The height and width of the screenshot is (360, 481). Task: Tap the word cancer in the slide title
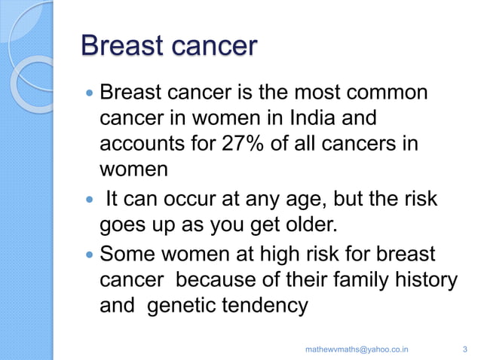point(209,46)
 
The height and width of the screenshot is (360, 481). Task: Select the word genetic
point(178,306)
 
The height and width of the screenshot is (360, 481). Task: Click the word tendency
point(264,306)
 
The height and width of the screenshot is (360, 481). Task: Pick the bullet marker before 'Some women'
point(90,255)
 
